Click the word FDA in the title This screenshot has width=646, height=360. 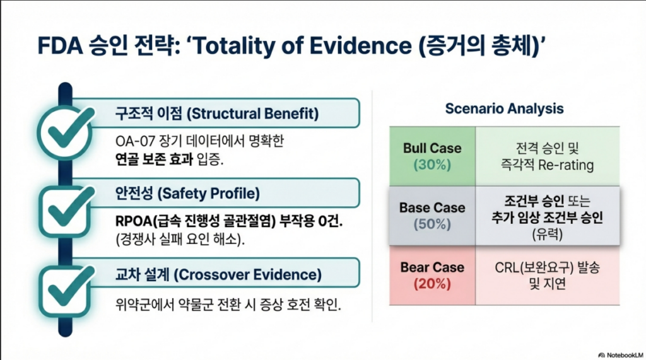click(x=60, y=45)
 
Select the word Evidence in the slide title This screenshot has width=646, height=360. click(x=360, y=45)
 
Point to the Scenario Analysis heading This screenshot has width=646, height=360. click(x=504, y=108)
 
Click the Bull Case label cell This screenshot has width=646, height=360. click(x=432, y=156)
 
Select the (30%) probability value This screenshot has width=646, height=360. click(x=432, y=165)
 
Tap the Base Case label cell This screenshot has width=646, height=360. click(x=432, y=216)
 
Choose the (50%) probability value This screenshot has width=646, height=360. click(x=432, y=224)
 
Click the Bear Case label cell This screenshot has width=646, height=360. click(x=432, y=275)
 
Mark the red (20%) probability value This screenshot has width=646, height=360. click(x=432, y=284)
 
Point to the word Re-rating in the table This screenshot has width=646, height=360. click(x=566, y=165)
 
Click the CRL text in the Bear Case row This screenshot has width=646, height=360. click(x=507, y=268)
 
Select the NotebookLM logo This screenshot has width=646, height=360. click(x=621, y=355)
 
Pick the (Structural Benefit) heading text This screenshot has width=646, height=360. click(x=252, y=113)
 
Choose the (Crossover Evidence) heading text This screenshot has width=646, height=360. click(x=247, y=275)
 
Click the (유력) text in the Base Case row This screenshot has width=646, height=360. click(x=547, y=235)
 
